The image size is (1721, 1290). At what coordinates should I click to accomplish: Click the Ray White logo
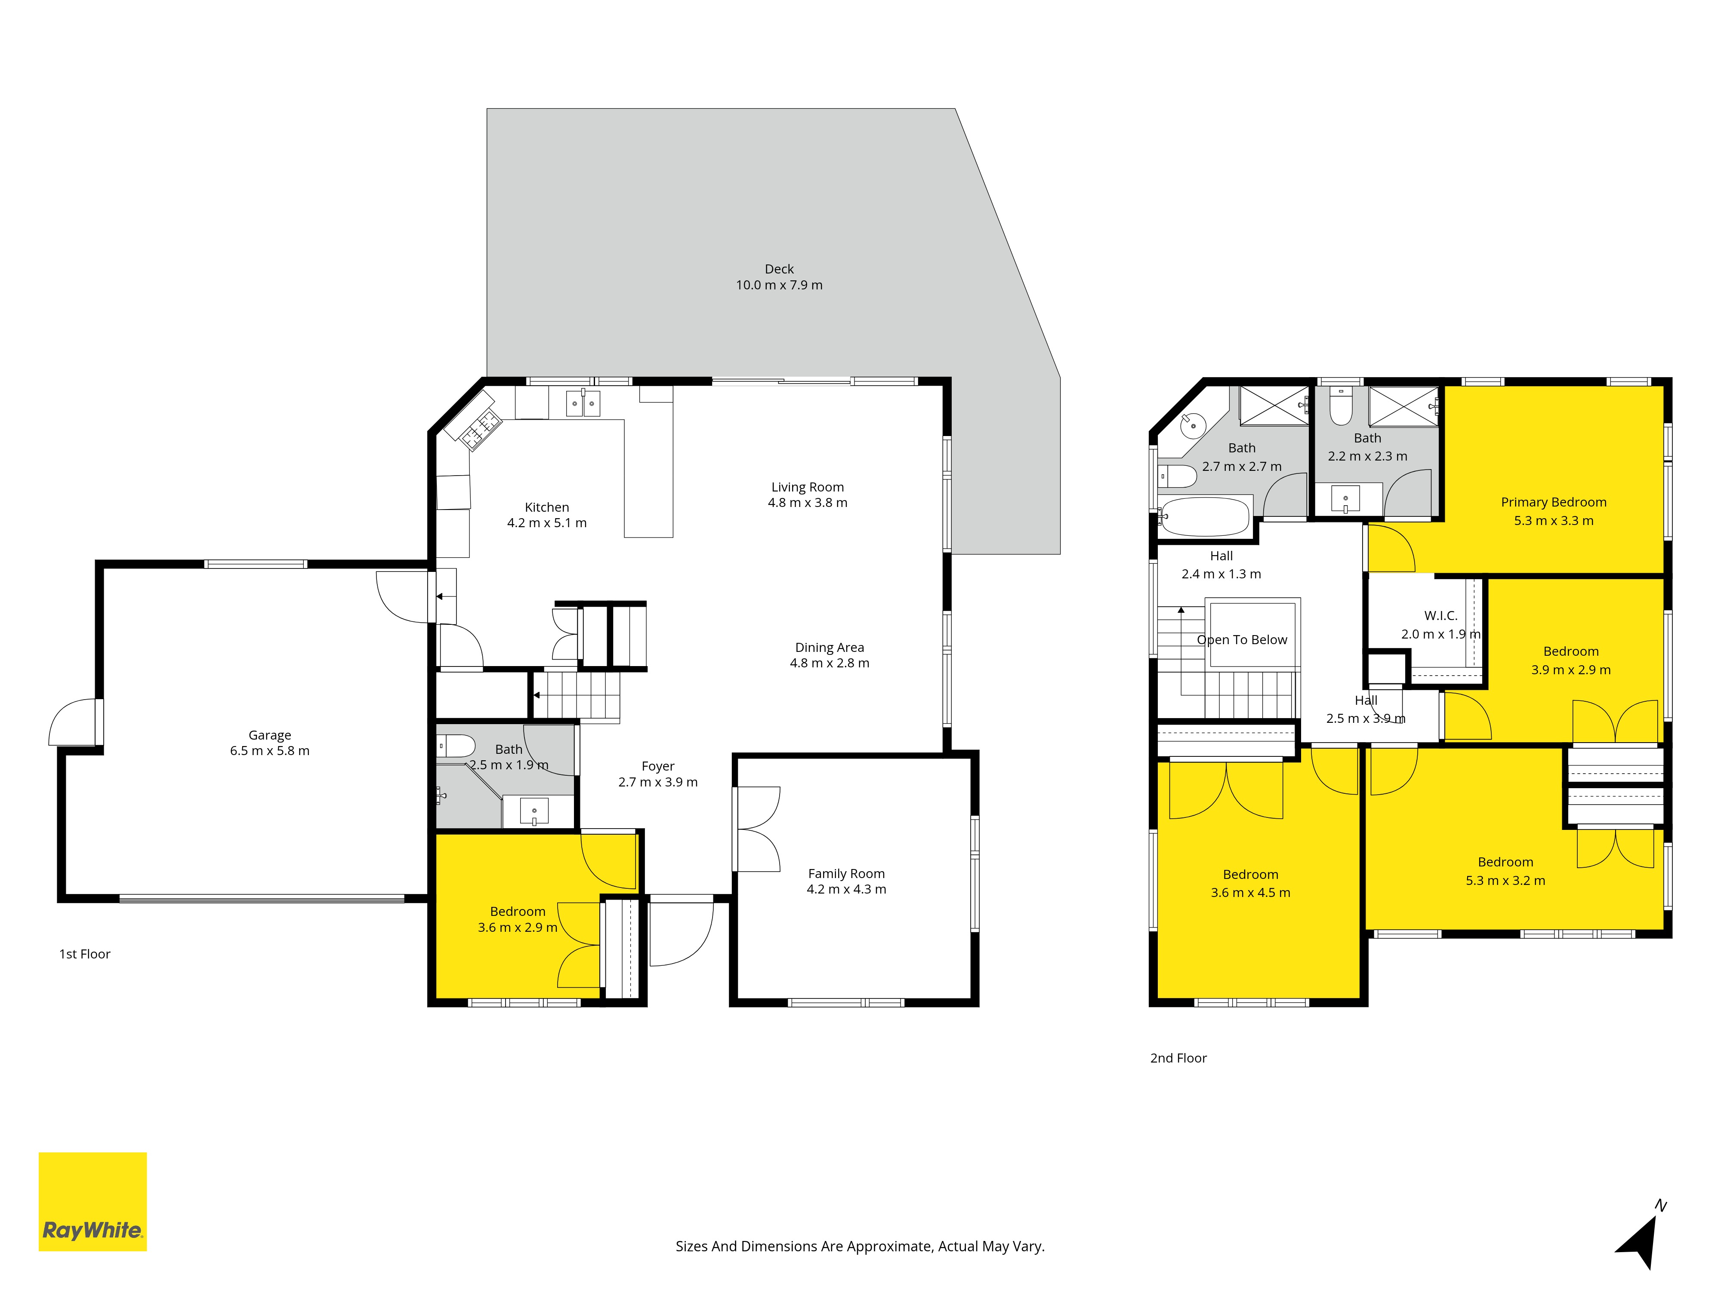coord(93,1201)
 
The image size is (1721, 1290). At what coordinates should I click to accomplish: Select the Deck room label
coord(779,269)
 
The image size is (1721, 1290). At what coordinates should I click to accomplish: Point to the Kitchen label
coord(547,507)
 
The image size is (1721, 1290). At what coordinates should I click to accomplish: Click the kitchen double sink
coord(583,403)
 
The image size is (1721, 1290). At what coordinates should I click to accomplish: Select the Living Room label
coord(808,487)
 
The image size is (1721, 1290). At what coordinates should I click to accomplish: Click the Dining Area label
coord(830,647)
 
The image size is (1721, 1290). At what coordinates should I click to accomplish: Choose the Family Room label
coord(846,873)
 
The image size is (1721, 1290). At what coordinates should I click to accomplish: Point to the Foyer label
coord(658,766)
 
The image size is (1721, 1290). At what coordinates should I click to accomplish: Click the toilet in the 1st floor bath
coord(456,746)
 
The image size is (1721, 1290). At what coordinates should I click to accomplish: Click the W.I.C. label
coord(1441,615)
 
